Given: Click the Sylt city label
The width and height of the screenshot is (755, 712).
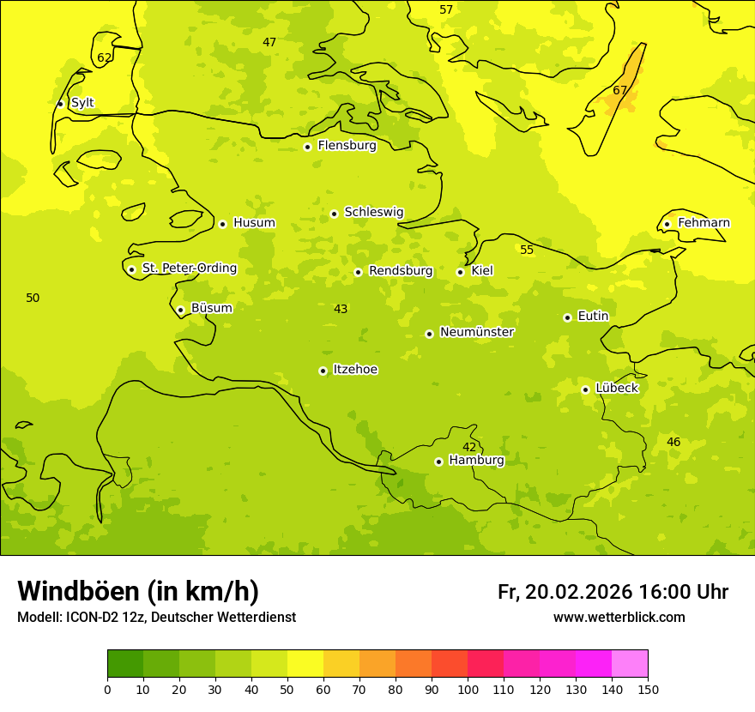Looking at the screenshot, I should point(82,103).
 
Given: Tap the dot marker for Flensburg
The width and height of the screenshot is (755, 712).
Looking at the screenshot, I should point(307,147).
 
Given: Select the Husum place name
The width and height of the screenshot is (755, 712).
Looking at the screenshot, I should point(254,223).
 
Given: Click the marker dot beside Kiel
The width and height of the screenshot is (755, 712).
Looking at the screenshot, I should point(460,272).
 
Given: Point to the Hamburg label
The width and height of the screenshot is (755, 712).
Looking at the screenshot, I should point(476,461).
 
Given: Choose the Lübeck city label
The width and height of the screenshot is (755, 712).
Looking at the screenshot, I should point(616,389).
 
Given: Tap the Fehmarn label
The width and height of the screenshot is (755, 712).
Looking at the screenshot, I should point(704,223).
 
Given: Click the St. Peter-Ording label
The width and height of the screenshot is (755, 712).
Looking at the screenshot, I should point(189,269).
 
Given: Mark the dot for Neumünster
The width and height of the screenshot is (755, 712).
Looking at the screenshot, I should point(429,334).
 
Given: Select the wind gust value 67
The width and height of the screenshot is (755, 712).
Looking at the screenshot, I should point(620,90).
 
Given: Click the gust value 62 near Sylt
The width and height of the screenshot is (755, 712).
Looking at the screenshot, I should point(104,58).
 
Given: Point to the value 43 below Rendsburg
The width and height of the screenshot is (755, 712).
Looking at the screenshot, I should point(341,309).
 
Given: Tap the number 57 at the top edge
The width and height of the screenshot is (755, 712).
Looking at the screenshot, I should point(446,9).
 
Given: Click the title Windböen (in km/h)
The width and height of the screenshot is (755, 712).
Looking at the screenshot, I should point(138,591).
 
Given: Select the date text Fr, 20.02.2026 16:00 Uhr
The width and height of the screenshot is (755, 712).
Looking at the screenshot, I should point(613,592).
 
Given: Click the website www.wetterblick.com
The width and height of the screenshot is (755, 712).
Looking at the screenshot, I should point(619,617).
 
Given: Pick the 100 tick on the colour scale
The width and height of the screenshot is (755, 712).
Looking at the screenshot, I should point(468,689).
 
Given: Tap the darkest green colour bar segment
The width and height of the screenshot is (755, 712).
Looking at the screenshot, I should point(125,664).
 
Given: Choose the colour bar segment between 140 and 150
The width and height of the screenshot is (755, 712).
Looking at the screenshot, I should point(630,664).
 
